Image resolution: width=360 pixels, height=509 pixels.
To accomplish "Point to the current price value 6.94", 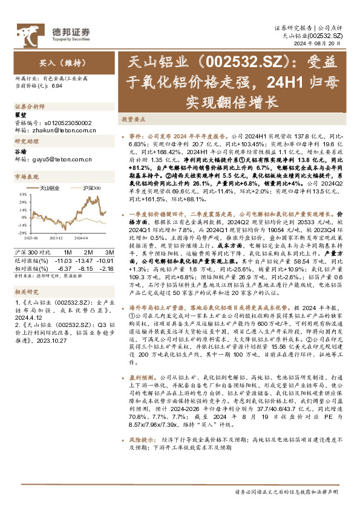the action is click(57, 87).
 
